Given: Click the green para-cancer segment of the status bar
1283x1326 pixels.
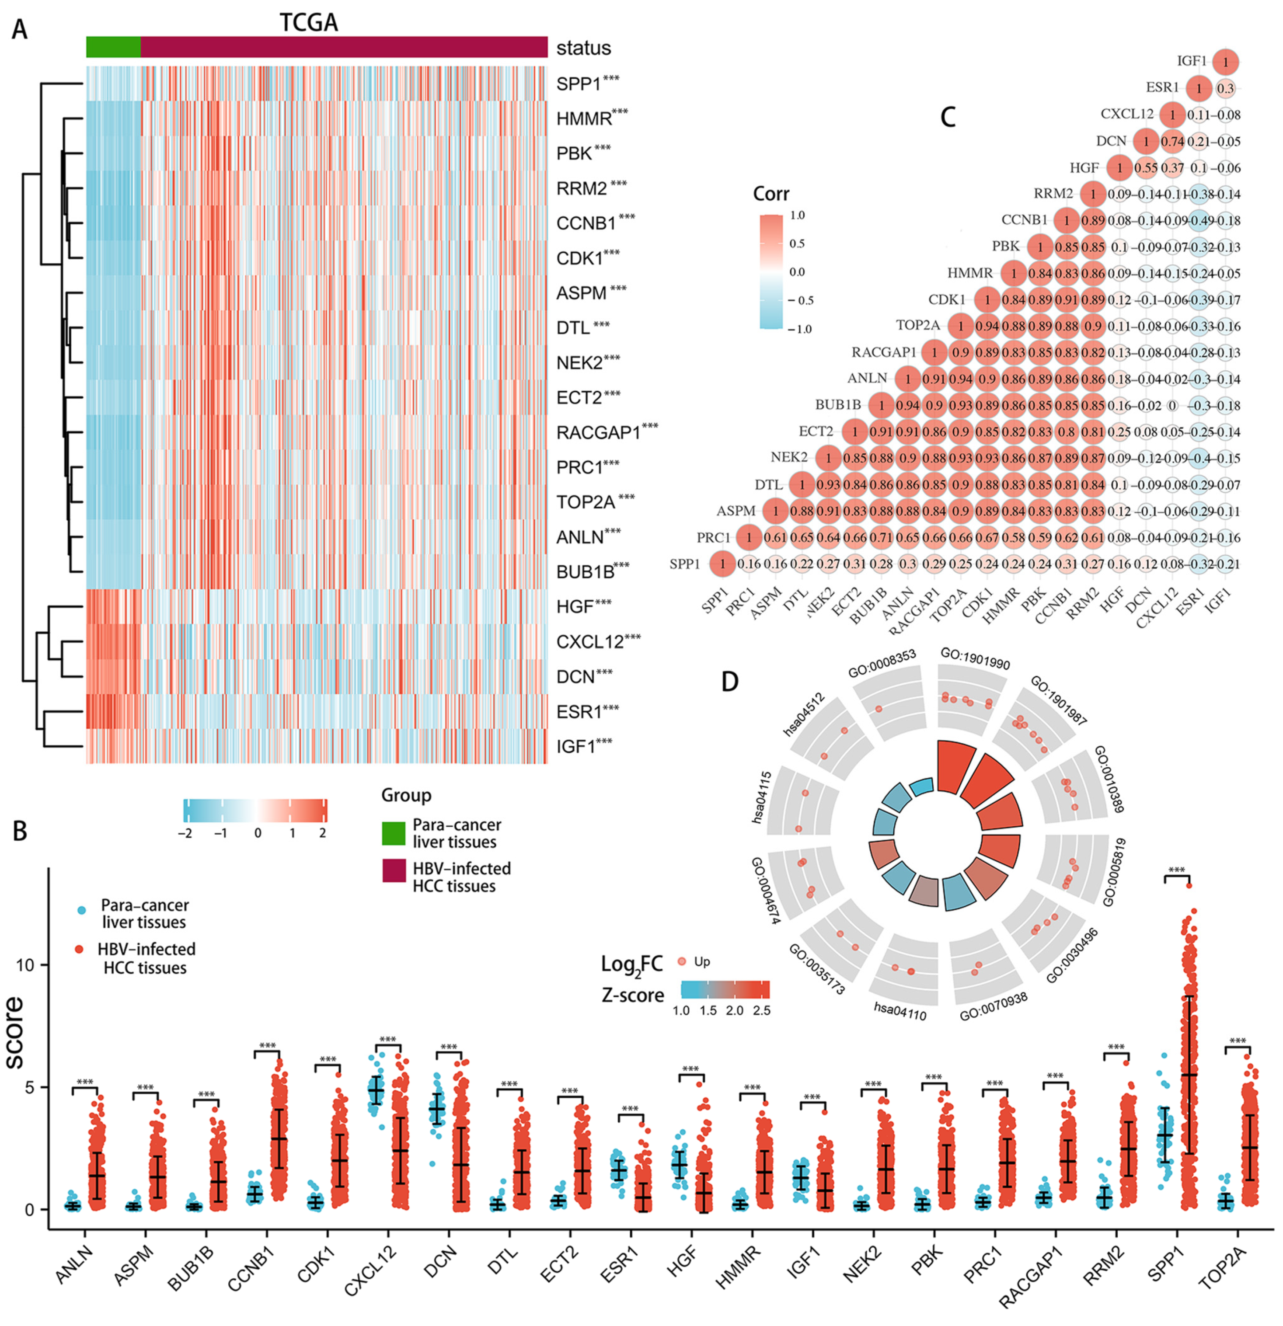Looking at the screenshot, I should [113, 47].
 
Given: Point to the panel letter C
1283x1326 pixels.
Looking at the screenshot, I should [948, 118].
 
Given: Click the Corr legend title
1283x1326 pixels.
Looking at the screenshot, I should [771, 194].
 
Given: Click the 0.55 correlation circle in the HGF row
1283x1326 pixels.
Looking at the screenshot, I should [1146, 168].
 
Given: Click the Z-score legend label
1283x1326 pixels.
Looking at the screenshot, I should [633, 995].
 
